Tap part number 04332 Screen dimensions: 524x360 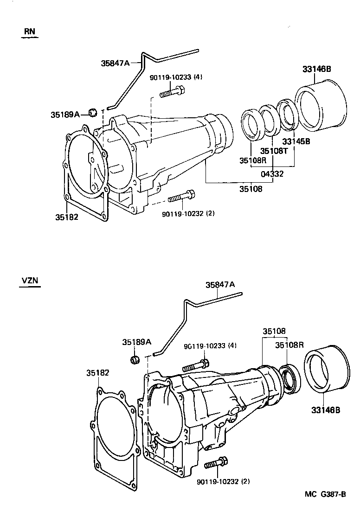click(272, 174)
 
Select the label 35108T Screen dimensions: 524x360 click(273, 151)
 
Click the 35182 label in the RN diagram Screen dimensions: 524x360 click(67, 217)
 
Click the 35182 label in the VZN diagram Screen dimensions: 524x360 click(98, 372)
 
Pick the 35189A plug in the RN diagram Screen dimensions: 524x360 click(92, 112)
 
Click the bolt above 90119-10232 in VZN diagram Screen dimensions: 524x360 click(216, 463)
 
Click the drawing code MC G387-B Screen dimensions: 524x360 click(325, 494)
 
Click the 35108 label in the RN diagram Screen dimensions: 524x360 click(251, 189)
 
